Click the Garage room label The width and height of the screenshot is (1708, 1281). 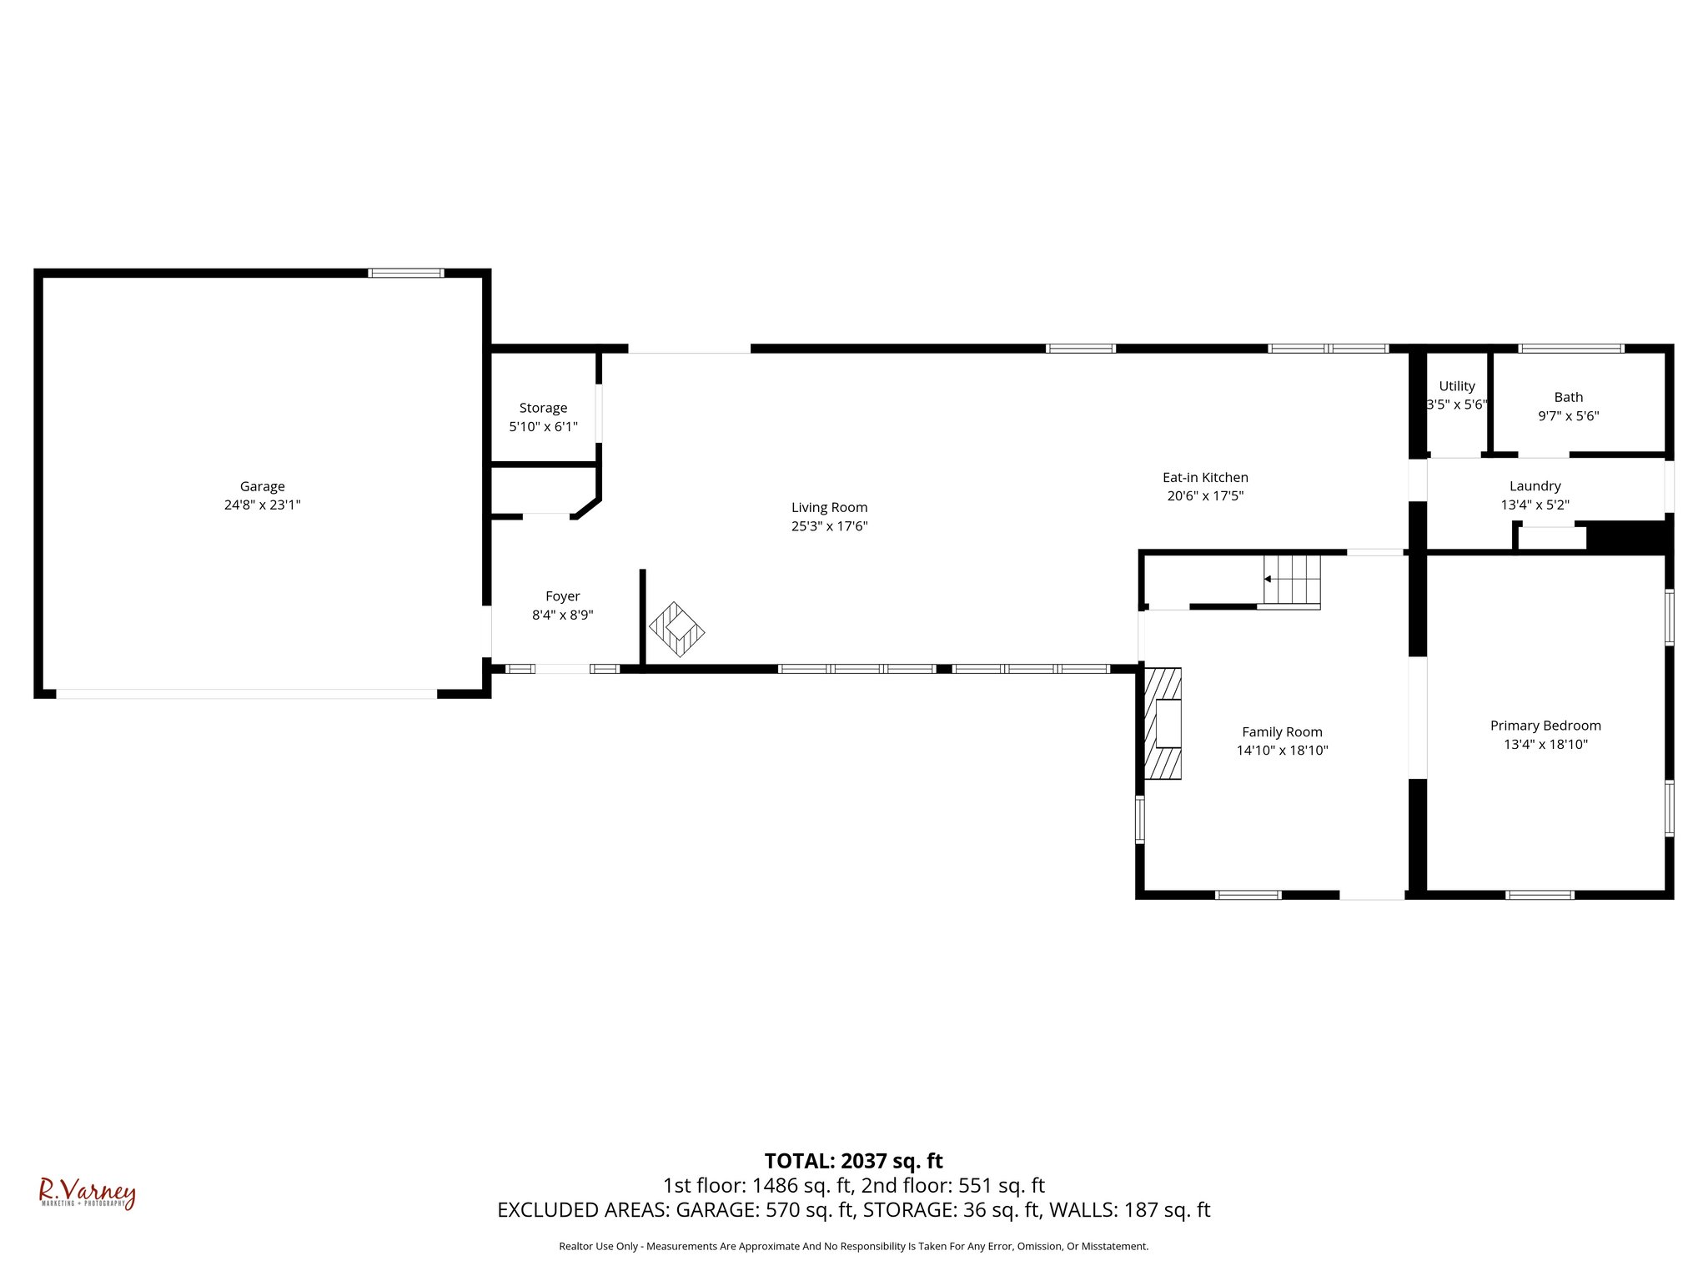click(262, 486)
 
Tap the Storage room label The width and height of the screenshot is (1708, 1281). click(543, 408)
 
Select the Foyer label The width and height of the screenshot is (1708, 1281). click(562, 596)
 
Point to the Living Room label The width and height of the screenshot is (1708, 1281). click(829, 507)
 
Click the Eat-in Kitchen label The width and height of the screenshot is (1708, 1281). click(1205, 478)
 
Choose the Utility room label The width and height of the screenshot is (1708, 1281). click(1456, 386)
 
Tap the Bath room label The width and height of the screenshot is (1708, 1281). click(1568, 397)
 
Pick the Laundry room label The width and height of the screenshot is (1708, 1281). click(1535, 486)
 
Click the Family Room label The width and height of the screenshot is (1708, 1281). click(1282, 732)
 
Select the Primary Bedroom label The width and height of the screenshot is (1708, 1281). click(1545, 726)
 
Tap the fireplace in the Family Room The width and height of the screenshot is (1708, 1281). click(1163, 723)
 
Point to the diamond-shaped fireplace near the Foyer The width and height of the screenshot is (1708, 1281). click(677, 629)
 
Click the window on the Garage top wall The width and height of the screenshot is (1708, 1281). click(406, 273)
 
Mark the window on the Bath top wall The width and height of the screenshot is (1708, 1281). click(1570, 349)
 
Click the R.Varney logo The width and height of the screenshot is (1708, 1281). click(88, 1193)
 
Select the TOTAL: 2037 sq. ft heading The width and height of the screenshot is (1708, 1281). click(853, 1161)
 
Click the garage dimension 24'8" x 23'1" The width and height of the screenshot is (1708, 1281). click(262, 505)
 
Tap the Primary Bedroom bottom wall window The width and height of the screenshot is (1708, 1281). click(1540, 895)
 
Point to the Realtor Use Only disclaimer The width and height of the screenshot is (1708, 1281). click(853, 1246)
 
